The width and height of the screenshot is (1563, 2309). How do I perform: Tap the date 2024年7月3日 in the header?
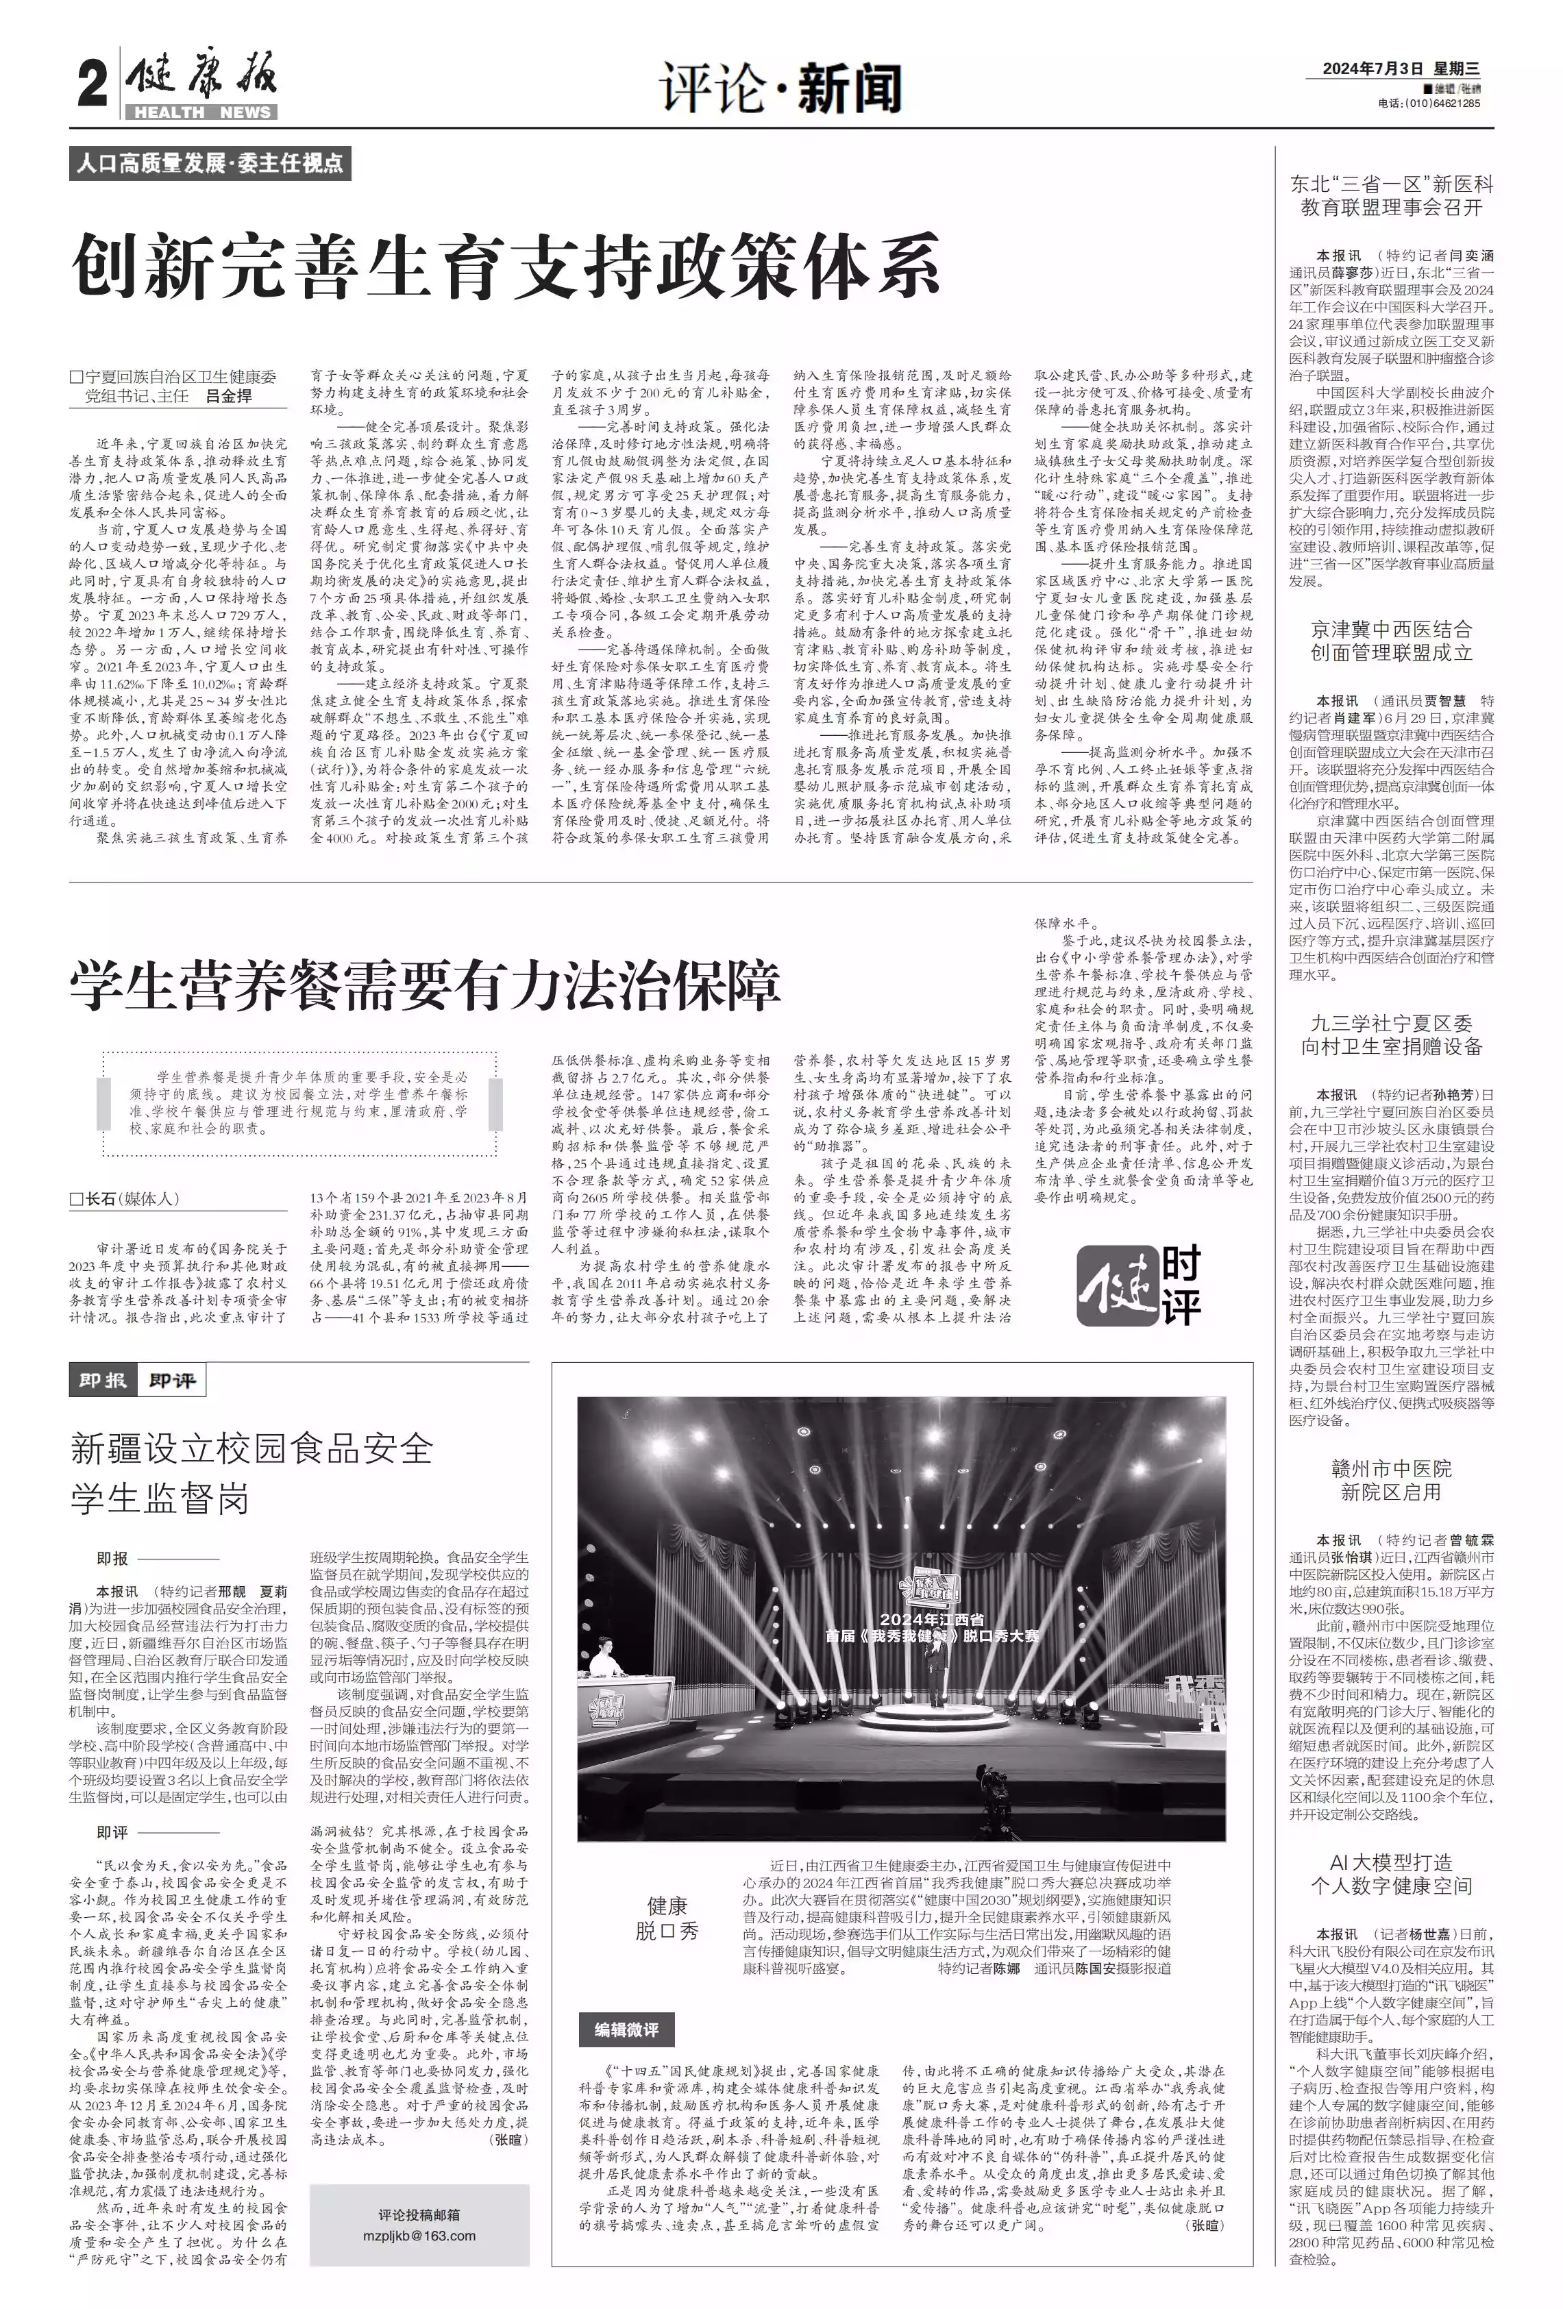tap(1375, 69)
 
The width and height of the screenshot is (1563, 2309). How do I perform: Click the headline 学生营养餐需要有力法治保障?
tap(426, 985)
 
